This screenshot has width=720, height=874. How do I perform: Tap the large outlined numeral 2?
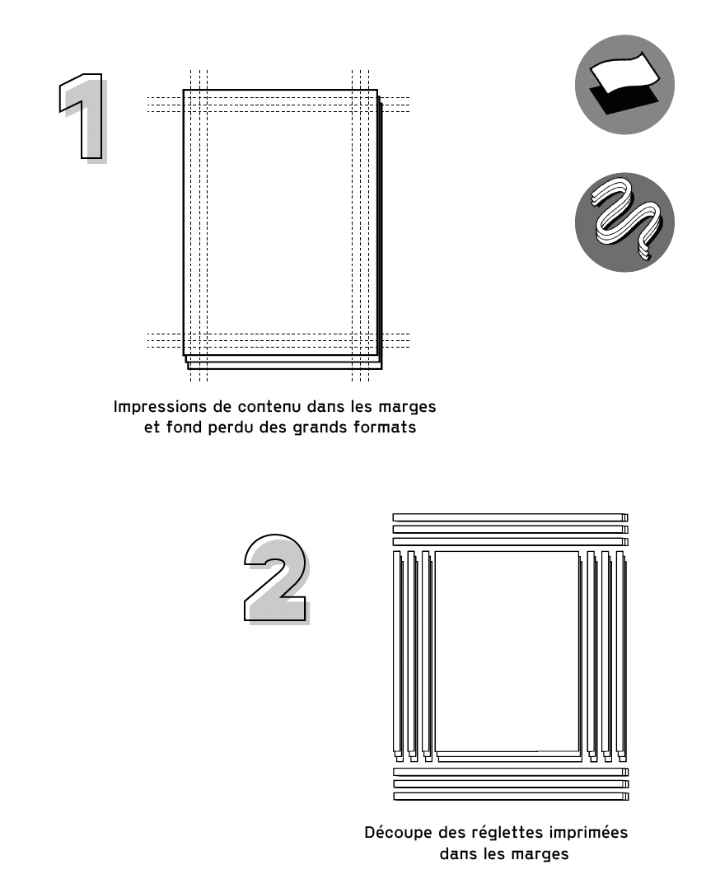coord(277,580)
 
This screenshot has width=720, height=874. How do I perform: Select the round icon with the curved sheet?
coord(624,85)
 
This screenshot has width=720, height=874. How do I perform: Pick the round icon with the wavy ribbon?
coord(624,222)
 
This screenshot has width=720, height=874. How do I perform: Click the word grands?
coord(320,428)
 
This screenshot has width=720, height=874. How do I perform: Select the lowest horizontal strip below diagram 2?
coord(511,797)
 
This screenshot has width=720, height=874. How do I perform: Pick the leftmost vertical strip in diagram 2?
coord(398,656)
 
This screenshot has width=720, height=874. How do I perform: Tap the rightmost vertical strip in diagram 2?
coord(621,656)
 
